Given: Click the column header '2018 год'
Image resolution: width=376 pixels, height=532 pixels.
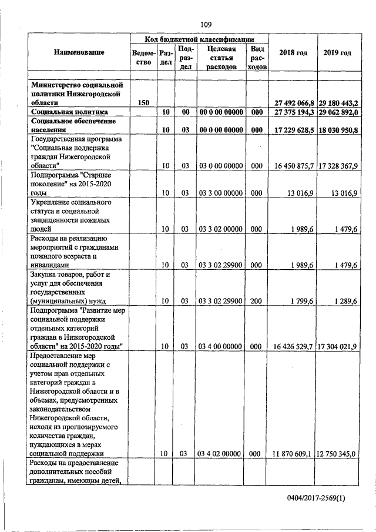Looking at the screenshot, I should point(293,53).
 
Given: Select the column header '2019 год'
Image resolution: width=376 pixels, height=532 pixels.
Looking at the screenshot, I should point(337,53).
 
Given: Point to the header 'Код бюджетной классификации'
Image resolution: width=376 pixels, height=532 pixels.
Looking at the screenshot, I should point(199,38).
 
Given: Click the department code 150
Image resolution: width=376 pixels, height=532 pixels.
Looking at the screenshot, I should point(143,103).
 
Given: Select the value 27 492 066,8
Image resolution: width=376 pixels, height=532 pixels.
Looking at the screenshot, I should point(292,103).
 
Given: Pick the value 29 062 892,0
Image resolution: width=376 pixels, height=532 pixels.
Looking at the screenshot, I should point(338,112).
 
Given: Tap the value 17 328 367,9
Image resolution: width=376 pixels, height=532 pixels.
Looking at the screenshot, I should point(338,166).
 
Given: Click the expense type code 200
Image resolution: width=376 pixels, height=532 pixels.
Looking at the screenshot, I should point(256,302).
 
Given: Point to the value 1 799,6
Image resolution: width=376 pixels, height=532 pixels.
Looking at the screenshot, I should point(301,302).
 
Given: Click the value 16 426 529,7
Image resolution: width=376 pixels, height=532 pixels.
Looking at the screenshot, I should point(292,347).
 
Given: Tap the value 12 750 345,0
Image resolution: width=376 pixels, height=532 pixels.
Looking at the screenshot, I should point(338,454).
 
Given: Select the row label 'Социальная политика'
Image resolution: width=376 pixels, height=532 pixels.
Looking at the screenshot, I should point(69,112).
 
